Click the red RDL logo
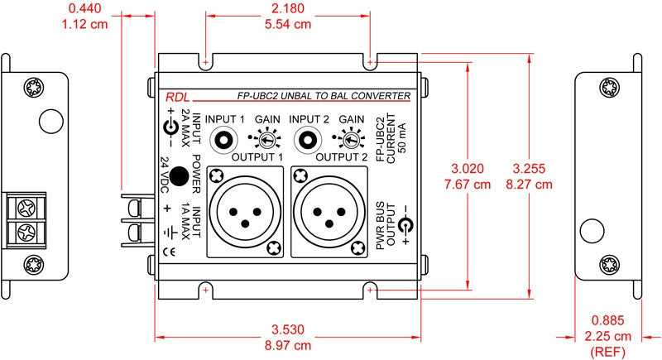pos(177,97)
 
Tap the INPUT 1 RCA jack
pos(223,140)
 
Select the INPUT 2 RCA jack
pos(308,140)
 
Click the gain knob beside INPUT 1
pos(266,140)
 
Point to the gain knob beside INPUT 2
pos(350,140)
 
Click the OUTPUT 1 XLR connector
pos(245,211)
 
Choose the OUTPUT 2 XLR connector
pos(329,211)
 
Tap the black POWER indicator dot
pos(179,176)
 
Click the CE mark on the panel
pos(169,252)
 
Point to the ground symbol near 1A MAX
pos(170,232)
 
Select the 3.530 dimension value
pos(288,329)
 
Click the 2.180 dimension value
pos(288,8)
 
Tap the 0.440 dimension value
pos(85,8)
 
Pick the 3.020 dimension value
pos(468,168)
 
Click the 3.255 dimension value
pos(529,168)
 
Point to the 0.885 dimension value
pos(607,320)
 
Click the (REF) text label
pos(607,352)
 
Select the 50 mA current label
pos(402,138)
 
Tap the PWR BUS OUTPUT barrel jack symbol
pos(405,226)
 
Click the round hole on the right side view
pos(592,231)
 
